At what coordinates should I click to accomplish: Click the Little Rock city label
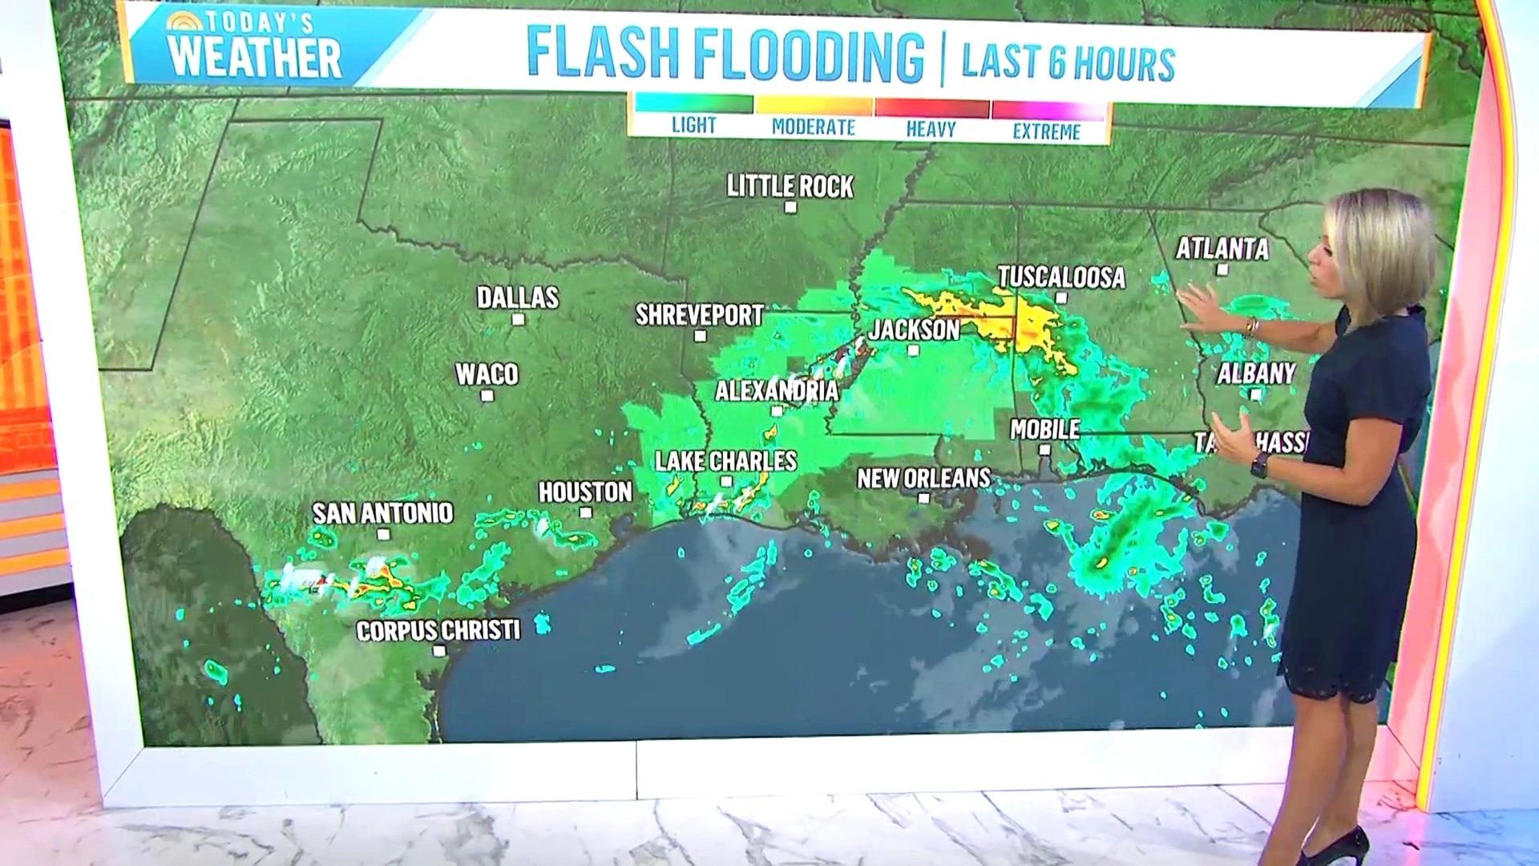pyautogui.click(x=790, y=187)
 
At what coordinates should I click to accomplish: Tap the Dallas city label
pyautogui.click(x=518, y=297)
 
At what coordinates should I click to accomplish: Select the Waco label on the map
pyautogui.click(x=487, y=374)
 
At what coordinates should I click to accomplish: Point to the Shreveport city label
pyautogui.click(x=699, y=315)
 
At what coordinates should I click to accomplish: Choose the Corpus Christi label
pyautogui.click(x=438, y=631)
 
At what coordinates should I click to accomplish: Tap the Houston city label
pyautogui.click(x=585, y=492)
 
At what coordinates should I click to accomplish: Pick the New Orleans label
pyautogui.click(x=923, y=479)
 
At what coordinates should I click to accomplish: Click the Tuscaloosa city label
pyautogui.click(x=1061, y=277)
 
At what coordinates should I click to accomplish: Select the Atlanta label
pyautogui.click(x=1222, y=249)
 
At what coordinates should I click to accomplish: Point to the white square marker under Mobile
pyautogui.click(x=1044, y=450)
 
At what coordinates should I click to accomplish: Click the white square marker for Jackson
pyautogui.click(x=913, y=350)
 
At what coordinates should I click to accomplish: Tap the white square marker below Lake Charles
pyautogui.click(x=726, y=482)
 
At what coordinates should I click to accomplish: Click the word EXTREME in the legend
pyautogui.click(x=1046, y=132)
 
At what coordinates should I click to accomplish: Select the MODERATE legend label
pyautogui.click(x=813, y=127)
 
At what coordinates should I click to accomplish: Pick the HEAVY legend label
pyautogui.click(x=931, y=129)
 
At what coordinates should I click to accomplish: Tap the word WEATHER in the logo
pyautogui.click(x=255, y=58)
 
